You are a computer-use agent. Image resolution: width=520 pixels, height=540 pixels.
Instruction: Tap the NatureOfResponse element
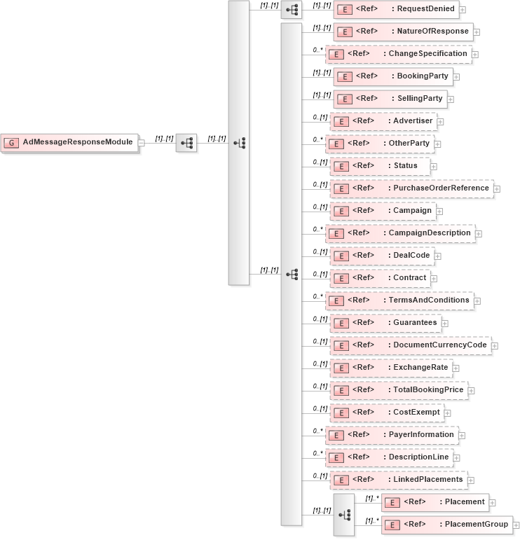point(403,32)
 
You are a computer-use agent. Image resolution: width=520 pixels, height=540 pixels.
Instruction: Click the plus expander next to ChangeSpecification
point(475,54)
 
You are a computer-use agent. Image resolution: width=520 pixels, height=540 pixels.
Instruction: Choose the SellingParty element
point(390,99)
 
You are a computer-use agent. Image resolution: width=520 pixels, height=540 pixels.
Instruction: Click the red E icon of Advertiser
point(340,121)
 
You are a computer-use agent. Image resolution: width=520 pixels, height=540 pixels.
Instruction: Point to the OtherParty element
point(381,144)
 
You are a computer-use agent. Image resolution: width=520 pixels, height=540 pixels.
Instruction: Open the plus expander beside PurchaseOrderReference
point(497,188)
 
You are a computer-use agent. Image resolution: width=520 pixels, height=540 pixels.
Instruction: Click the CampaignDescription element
point(399,233)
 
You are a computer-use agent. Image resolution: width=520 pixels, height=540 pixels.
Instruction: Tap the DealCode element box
point(381,256)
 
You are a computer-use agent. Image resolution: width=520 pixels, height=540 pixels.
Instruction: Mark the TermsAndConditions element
point(399,300)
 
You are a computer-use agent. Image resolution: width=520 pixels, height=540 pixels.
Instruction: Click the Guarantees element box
point(385,323)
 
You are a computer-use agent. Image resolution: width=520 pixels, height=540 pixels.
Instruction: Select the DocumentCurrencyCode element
point(410,345)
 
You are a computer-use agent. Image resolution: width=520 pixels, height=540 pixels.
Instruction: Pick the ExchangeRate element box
point(390,368)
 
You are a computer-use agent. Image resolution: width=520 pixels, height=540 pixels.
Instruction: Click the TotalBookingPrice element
point(398,390)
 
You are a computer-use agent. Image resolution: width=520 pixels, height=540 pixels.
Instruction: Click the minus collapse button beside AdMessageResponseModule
point(142,143)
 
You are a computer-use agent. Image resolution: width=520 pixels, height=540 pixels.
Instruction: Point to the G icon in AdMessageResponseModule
point(12,142)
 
